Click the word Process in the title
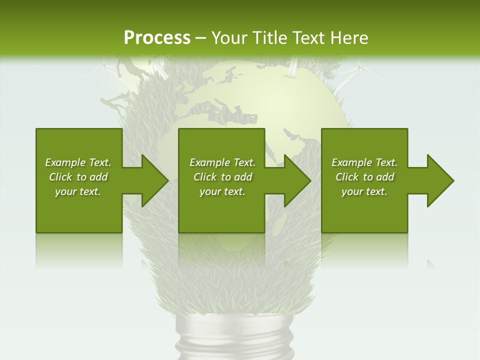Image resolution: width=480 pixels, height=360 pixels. tap(157, 38)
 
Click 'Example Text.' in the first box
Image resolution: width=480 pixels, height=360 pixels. tap(78, 162)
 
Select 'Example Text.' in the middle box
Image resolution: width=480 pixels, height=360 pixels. tap(222, 162)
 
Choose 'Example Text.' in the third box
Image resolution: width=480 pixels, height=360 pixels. tap(364, 162)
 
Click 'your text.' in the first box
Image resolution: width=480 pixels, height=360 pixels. tap(78, 191)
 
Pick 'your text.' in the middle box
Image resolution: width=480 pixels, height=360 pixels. tap(222, 191)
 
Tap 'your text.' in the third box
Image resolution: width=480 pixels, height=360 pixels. tap(364, 191)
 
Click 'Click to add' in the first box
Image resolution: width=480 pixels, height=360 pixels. tap(78, 177)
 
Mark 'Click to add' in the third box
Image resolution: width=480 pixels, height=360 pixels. tap(364, 177)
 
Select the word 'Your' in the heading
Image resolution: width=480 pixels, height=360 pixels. tap(228, 38)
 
